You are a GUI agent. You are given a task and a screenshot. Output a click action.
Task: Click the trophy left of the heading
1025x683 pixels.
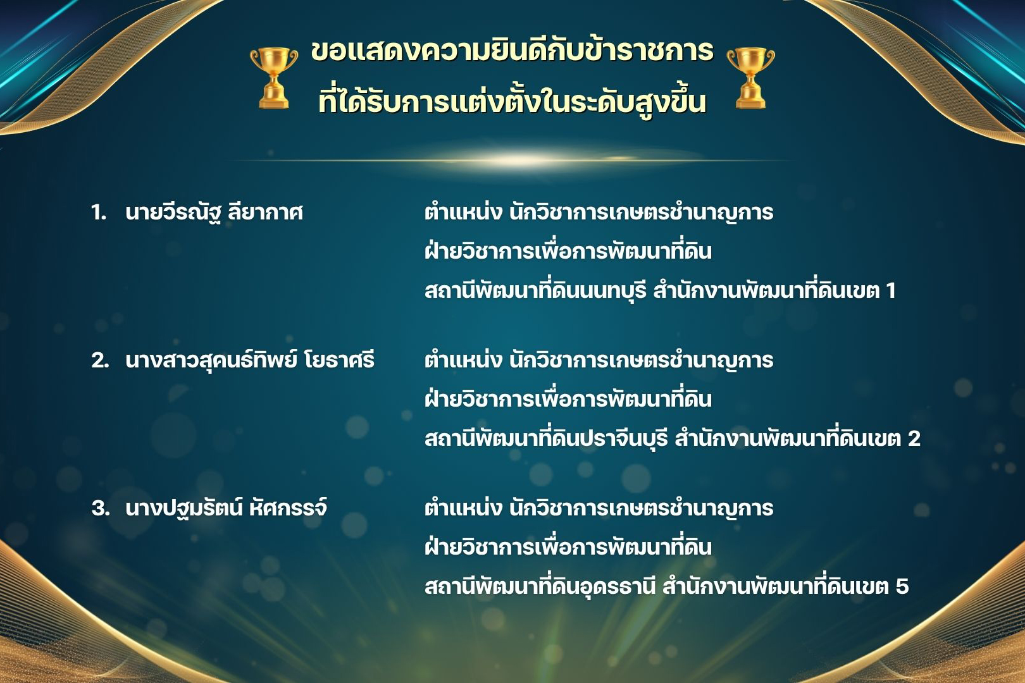point(273,78)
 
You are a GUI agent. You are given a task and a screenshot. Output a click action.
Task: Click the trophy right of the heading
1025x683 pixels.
point(750,78)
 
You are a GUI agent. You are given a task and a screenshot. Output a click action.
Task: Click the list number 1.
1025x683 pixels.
point(98,212)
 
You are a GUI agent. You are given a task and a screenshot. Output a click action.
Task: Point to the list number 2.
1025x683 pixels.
point(100,360)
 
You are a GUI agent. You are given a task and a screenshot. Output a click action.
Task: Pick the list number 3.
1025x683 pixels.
point(100,508)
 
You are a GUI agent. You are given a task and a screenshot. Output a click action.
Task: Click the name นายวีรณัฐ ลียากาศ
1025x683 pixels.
point(214,212)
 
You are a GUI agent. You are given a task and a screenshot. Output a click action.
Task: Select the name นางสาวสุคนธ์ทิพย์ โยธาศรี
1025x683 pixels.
point(250,360)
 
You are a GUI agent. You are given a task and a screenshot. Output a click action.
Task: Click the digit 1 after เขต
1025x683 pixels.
point(890,290)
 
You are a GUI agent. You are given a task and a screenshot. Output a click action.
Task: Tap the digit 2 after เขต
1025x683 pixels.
point(914,439)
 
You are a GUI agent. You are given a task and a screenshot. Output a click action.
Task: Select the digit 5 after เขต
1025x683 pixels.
point(902,586)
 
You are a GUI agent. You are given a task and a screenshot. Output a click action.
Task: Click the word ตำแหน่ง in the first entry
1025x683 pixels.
point(463,212)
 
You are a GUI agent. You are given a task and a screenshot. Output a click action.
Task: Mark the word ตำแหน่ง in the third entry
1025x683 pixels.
point(463,508)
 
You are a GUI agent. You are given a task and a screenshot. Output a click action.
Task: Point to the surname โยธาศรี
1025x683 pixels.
point(339,360)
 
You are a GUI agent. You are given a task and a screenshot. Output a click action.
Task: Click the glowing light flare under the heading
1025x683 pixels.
point(512,160)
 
